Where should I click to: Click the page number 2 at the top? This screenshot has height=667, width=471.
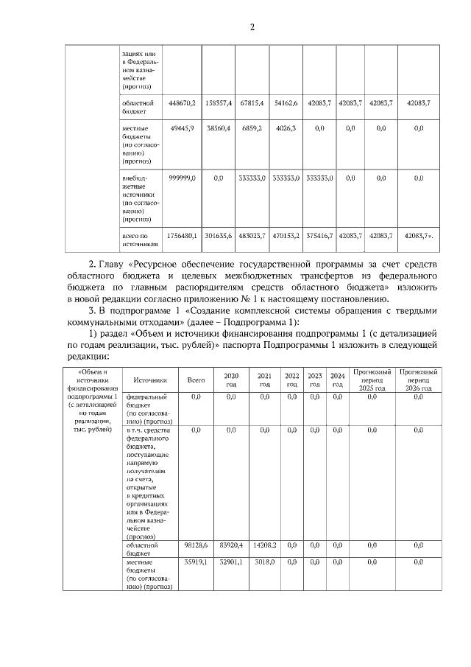pyautogui.click(x=252, y=28)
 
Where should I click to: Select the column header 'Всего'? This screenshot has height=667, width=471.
pyautogui.click(x=196, y=380)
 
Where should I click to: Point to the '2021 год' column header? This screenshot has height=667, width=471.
pyautogui.click(x=265, y=380)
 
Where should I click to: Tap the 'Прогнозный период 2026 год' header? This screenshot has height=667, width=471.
pyautogui.click(x=419, y=380)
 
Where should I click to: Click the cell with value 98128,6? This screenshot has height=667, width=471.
pyautogui.click(x=196, y=545)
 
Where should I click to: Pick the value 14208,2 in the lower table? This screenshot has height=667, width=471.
pyautogui.click(x=265, y=545)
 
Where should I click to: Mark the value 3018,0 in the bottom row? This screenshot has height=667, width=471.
pyautogui.click(x=265, y=562)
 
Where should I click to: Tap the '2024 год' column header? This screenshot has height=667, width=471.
pyautogui.click(x=338, y=380)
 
